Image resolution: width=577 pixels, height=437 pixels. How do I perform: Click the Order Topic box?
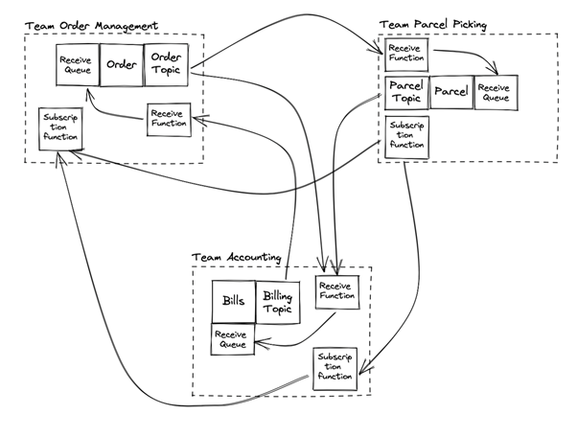point(166,64)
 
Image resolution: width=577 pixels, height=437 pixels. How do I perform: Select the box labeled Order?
point(122,65)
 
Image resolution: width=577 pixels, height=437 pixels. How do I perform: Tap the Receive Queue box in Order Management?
point(76,65)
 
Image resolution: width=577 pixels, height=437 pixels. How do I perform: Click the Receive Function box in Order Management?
point(169,119)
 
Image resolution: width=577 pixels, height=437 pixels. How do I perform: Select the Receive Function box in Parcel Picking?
point(405,55)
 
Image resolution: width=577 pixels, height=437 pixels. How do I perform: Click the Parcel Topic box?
point(405,93)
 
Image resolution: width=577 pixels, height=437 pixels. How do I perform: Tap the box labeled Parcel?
point(450,93)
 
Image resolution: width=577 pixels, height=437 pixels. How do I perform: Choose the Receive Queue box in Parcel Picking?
point(496,94)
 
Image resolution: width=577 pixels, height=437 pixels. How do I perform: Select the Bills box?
point(233,301)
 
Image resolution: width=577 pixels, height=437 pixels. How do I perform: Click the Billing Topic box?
point(279,302)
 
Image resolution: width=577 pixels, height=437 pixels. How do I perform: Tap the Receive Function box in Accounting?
point(336,291)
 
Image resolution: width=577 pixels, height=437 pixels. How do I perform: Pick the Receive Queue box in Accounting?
point(233,339)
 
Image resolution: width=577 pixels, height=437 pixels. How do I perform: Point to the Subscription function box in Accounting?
point(335,367)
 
